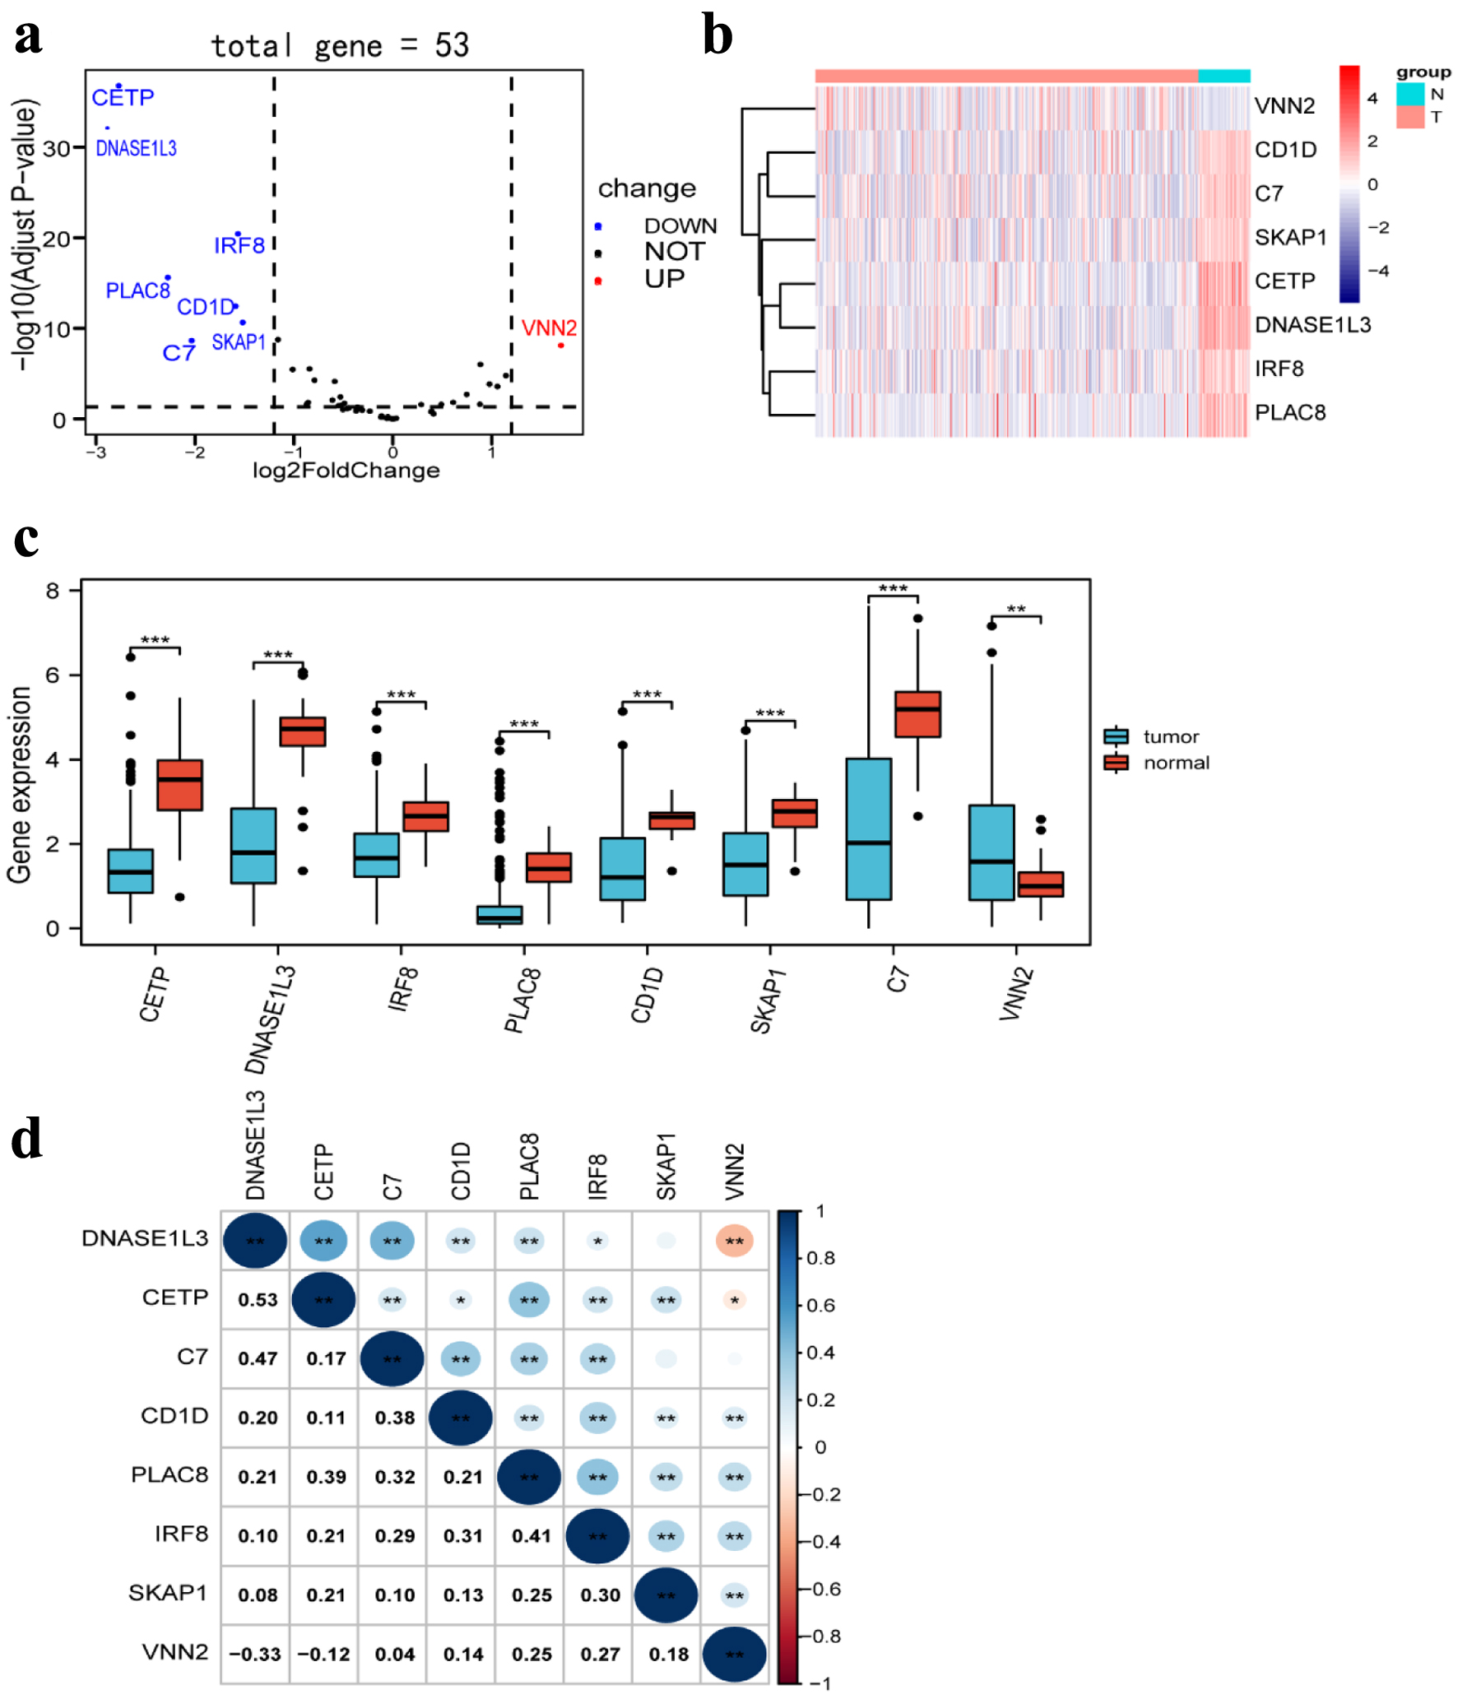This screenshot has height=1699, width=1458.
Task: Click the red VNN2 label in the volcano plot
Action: pyautogui.click(x=549, y=328)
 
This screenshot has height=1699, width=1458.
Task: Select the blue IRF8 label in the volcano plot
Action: pyautogui.click(x=239, y=246)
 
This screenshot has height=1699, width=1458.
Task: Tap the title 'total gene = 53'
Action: pyautogui.click(x=340, y=46)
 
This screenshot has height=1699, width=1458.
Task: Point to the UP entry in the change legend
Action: pyautogui.click(x=664, y=280)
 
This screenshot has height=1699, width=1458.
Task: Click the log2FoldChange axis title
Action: pyautogui.click(x=346, y=471)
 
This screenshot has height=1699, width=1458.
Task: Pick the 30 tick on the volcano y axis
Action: pyautogui.click(x=56, y=149)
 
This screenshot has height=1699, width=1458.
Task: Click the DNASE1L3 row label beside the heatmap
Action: pyautogui.click(x=1312, y=325)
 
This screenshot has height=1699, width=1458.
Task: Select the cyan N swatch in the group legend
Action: pyautogui.click(x=1409, y=95)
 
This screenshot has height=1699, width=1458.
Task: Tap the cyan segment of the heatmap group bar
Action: pyautogui.click(x=1224, y=77)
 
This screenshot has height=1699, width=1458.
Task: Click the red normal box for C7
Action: pyautogui.click(x=917, y=714)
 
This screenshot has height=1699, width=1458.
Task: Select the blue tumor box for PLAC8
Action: pyautogui.click(x=499, y=915)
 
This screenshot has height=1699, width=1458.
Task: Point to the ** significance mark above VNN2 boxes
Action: pyautogui.click(x=1016, y=610)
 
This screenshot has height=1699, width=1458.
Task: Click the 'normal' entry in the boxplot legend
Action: pyautogui.click(x=1176, y=764)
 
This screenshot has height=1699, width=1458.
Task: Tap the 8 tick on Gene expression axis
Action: pyautogui.click(x=53, y=591)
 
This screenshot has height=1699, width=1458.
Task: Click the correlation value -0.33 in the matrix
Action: pyautogui.click(x=255, y=1654)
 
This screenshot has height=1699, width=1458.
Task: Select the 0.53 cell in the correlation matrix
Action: pyautogui.click(x=258, y=1300)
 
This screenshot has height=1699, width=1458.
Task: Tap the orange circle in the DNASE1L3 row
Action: pyautogui.click(x=734, y=1241)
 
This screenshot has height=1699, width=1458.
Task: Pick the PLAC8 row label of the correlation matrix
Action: pyautogui.click(x=169, y=1474)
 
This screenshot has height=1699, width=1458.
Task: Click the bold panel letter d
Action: pyautogui.click(x=27, y=1140)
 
